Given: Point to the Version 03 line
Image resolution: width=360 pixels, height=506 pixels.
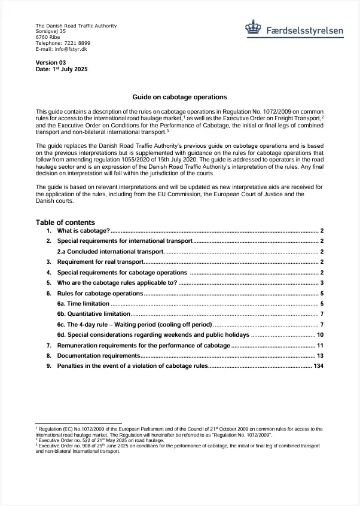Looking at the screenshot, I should [51, 62].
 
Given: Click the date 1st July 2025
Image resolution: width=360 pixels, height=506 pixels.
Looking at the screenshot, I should [70, 69].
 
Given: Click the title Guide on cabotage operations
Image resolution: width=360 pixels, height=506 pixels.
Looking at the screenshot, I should [179, 97].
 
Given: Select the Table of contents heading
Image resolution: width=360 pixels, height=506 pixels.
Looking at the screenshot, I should [65, 222].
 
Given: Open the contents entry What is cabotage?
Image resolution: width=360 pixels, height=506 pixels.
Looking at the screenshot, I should [83, 230].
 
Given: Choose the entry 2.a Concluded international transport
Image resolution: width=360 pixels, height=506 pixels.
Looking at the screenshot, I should [110, 252].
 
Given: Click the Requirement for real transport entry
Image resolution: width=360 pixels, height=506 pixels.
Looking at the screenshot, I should [100, 262].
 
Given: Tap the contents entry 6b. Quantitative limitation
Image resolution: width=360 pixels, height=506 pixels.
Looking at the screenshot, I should [93, 314].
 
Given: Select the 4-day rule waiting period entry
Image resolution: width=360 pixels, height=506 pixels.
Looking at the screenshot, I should [135, 325].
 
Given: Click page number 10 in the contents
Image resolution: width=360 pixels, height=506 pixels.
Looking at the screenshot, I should [320, 335].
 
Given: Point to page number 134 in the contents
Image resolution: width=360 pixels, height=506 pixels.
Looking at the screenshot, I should [318, 365].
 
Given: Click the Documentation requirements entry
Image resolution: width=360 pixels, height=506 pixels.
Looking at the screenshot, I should [98, 356].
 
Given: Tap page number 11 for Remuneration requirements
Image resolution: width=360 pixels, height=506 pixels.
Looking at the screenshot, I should [320, 346].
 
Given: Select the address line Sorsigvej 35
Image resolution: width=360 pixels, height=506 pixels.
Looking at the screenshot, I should [51, 32].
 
